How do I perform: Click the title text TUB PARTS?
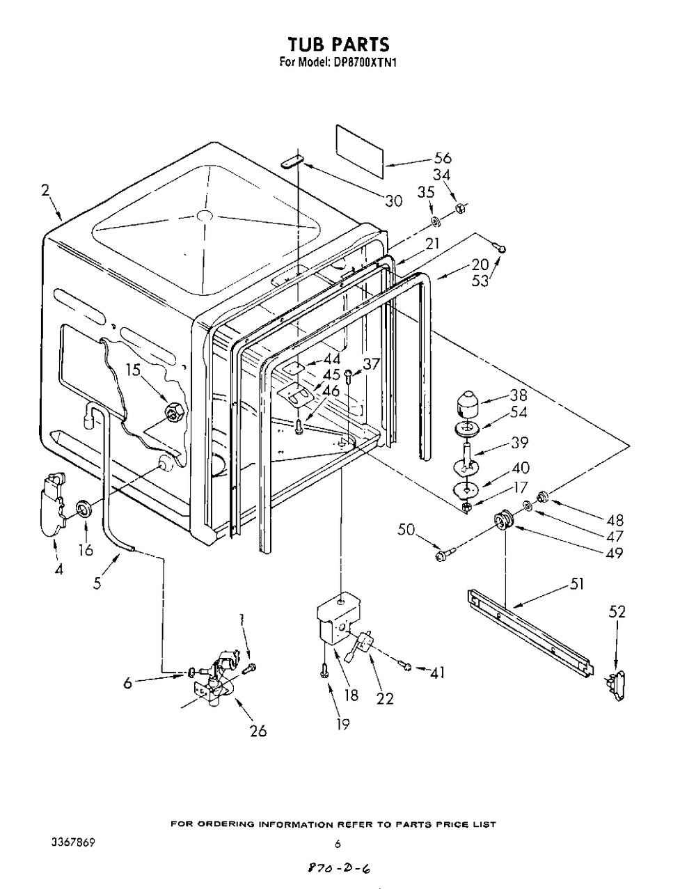pos(338,44)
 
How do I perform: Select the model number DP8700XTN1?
pos(363,63)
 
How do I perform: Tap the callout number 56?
pos(442,158)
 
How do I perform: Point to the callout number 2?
pos(45,191)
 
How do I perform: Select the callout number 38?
pos(518,395)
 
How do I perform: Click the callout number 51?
pos(576,584)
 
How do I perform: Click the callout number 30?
pos(393,201)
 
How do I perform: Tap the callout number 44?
pos(331,360)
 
